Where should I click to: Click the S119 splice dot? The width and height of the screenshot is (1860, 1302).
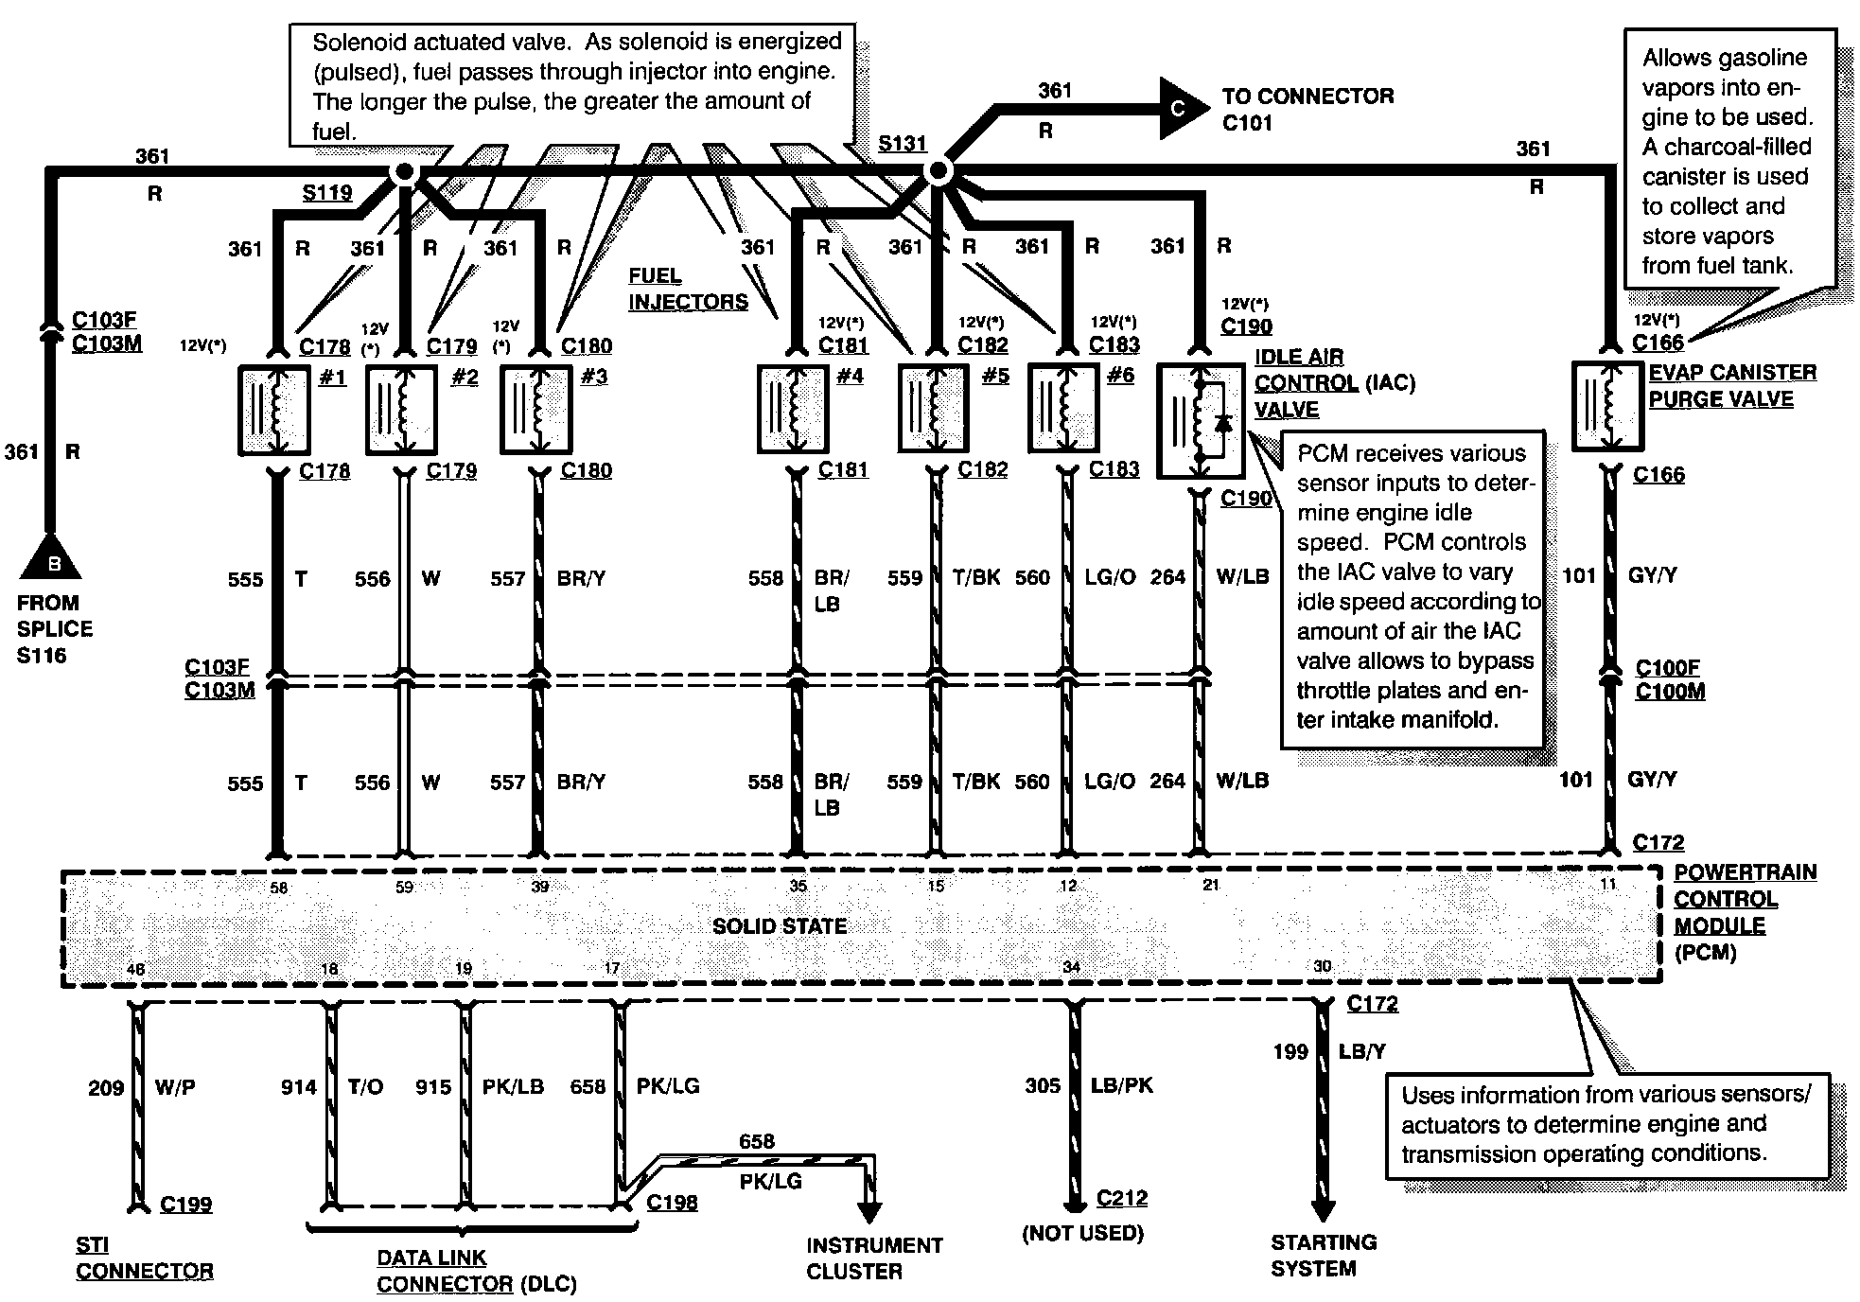[x=404, y=172]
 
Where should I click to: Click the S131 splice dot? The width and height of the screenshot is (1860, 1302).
[x=938, y=171]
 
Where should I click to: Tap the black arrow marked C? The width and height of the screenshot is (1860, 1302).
[x=1176, y=108]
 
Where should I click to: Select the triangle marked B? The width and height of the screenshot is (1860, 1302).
[x=52, y=557]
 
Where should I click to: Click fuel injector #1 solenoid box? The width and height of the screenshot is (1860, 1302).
[x=273, y=411]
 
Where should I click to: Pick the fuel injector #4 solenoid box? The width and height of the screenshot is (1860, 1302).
[x=793, y=410]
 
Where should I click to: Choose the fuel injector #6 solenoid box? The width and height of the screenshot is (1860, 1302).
[x=1064, y=410]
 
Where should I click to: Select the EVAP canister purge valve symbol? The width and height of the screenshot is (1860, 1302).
[x=1607, y=406]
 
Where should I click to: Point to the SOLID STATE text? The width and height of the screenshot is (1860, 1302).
[x=779, y=926]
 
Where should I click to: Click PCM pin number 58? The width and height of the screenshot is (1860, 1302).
[x=278, y=888]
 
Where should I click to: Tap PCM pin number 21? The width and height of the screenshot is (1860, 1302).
[x=1210, y=886]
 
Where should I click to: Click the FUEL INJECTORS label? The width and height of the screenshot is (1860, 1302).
[x=688, y=289]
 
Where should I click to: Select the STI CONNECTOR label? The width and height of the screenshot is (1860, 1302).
[x=144, y=1258]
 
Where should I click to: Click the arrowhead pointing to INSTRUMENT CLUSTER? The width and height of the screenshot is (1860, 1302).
[x=868, y=1211]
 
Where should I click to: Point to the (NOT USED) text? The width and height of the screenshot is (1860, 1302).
[x=1082, y=1233]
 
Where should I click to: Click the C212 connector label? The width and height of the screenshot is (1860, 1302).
[x=1122, y=1198]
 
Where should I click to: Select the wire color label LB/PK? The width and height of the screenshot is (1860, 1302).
[x=1121, y=1085]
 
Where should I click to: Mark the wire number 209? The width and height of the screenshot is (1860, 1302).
[x=106, y=1087]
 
